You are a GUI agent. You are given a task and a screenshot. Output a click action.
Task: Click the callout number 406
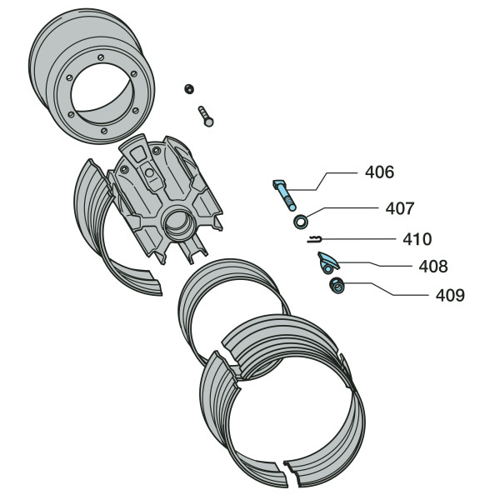(x=379, y=172)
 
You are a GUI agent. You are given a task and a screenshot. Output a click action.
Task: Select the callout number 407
(x=399, y=208)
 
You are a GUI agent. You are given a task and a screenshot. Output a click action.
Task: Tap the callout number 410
(x=417, y=239)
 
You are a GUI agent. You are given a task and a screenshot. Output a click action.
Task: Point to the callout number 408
(x=433, y=267)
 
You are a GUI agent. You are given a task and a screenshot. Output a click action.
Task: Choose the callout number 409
(x=450, y=295)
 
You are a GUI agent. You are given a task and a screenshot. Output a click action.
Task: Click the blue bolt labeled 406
(x=285, y=194)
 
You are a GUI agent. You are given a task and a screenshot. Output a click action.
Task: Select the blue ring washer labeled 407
(x=301, y=222)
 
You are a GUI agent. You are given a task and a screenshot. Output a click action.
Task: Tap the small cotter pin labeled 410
(x=315, y=239)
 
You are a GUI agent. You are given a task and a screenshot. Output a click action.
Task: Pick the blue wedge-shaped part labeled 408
(x=327, y=262)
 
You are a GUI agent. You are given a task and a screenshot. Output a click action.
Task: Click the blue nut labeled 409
(x=337, y=286)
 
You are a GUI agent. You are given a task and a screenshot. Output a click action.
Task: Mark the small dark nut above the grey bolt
(x=189, y=88)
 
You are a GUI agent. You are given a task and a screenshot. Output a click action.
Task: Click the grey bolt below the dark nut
(x=206, y=116)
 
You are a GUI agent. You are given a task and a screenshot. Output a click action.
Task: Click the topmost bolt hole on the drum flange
(x=101, y=57)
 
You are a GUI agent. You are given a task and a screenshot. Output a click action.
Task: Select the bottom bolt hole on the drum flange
(x=103, y=131)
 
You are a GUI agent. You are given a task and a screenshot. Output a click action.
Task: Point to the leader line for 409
(x=386, y=289)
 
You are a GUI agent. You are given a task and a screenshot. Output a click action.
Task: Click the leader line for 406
(x=321, y=182)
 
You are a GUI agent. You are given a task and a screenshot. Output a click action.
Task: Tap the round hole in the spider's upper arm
(x=149, y=172)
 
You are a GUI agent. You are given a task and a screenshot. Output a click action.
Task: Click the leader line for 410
(x=359, y=239)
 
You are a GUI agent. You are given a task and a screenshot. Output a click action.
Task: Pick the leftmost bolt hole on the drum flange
(x=69, y=77)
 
